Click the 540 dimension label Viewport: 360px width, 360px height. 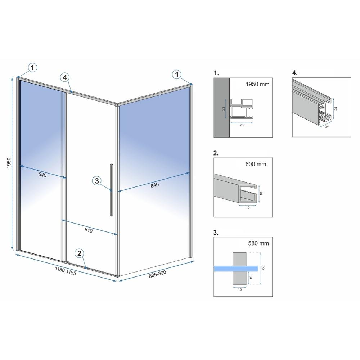(x=42, y=175)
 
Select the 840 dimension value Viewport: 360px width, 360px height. (x=154, y=185)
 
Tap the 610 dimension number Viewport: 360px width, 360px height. (x=89, y=231)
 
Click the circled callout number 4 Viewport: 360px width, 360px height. (x=65, y=77)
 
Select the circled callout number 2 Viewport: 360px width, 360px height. (x=80, y=253)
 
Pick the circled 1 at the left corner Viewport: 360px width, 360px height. (x=33, y=67)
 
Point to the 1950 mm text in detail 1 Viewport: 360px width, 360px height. (x=257, y=85)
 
